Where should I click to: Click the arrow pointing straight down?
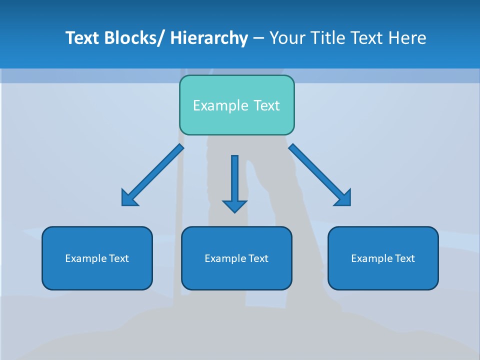pyautogui.click(x=234, y=180)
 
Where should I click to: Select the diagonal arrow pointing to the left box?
pyautogui.click(x=152, y=175)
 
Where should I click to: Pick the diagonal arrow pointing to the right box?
pyautogui.click(x=320, y=175)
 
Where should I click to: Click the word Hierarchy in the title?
pyautogui.click(x=209, y=38)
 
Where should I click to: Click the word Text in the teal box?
pyautogui.click(x=266, y=105)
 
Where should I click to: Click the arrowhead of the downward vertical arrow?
pyautogui.click(x=234, y=206)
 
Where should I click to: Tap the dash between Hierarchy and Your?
pyautogui.click(x=258, y=38)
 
